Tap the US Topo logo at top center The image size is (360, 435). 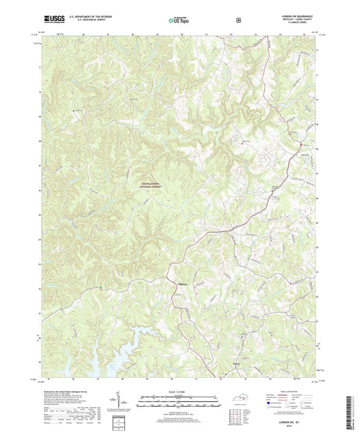tap(178, 20)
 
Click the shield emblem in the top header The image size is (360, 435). tap(238, 20)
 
